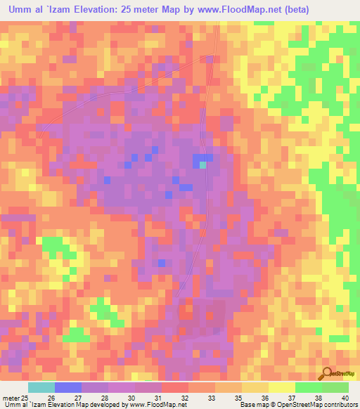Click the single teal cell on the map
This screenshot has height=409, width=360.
pyautogui.click(x=202, y=165)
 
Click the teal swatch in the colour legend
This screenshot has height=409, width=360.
pyautogui.click(x=41, y=388)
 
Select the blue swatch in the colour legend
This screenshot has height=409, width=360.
pyautogui.click(x=68, y=388)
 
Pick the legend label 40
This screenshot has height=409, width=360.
pyautogui.click(x=345, y=398)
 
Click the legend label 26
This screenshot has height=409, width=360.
pyautogui.click(x=50, y=398)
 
